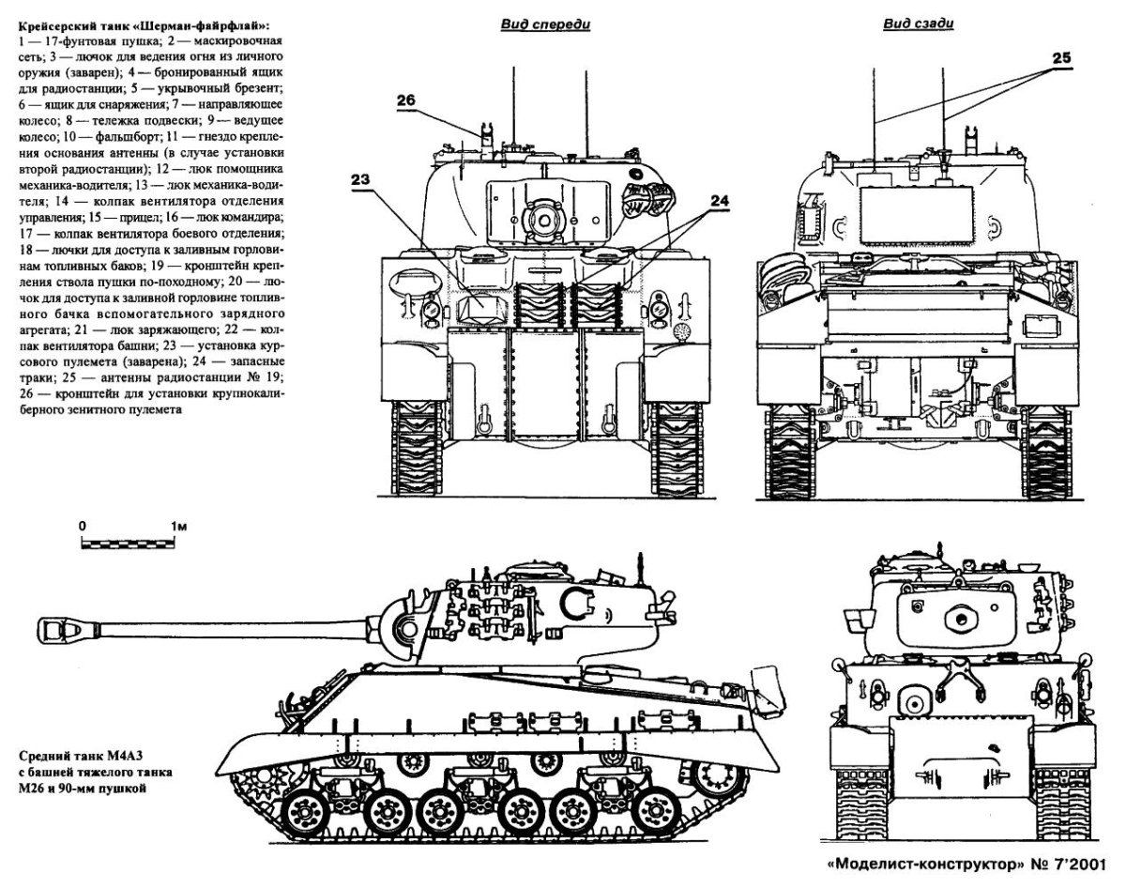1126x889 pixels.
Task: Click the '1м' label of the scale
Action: pos(178,525)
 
